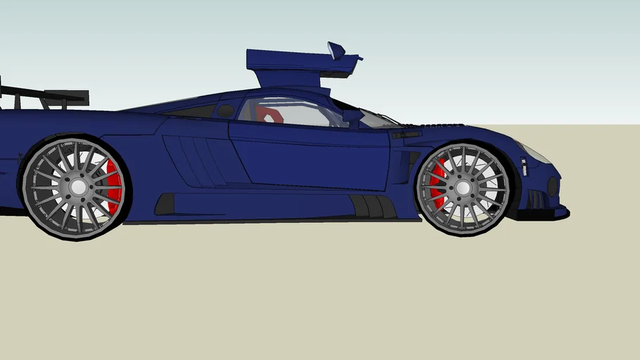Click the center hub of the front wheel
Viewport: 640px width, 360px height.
463,188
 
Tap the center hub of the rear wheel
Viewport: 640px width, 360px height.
78,187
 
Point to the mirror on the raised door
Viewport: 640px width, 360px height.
337,50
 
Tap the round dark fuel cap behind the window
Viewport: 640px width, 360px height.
225,110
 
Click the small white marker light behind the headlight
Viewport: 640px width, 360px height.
524,167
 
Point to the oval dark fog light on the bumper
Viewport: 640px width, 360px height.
553,186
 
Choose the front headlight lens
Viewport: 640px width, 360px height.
535,153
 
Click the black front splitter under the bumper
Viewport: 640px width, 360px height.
545,214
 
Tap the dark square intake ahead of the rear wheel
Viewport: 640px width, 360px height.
165,205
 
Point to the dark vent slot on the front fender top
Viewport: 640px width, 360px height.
407,134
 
